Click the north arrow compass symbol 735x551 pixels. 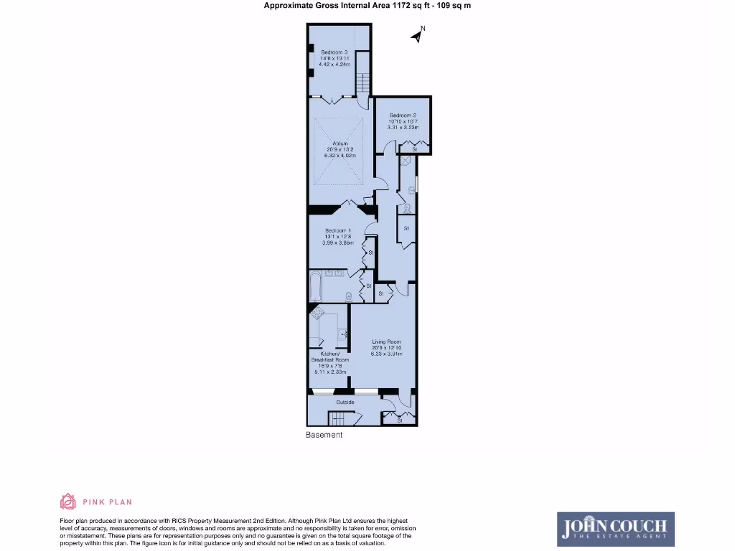(x=417, y=35)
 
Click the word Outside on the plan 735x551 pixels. (x=346, y=402)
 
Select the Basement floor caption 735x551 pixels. (x=324, y=435)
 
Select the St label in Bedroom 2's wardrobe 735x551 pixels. (x=415, y=149)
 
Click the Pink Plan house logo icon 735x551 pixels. (x=68, y=501)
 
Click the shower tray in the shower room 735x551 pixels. (x=406, y=161)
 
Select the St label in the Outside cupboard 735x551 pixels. (x=400, y=420)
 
